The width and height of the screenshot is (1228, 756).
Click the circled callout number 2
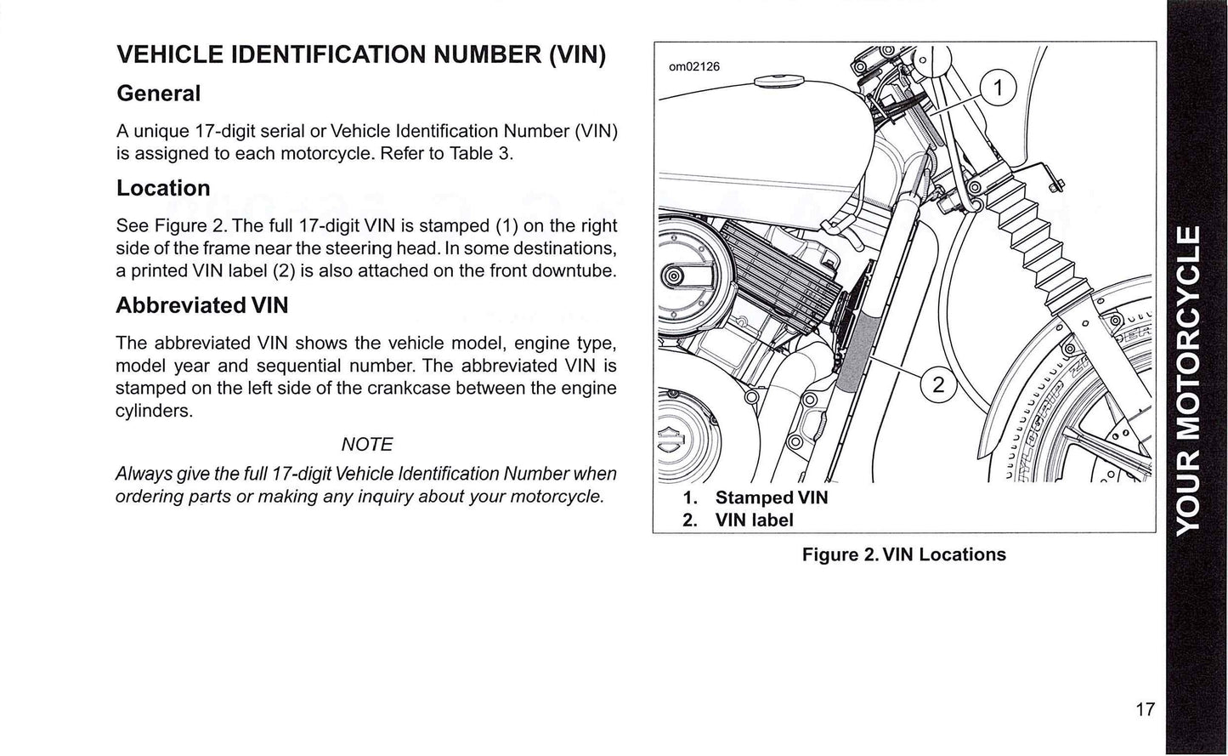pos(938,385)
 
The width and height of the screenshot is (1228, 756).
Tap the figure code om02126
pos(694,66)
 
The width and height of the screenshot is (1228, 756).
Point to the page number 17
pos(1145,708)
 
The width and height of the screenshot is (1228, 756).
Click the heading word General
pos(159,94)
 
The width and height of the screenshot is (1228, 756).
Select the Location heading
pos(163,188)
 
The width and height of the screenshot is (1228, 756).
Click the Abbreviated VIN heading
pos(202,305)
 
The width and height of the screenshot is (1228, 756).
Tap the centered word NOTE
pos(366,444)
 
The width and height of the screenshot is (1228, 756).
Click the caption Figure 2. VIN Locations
pos(903,554)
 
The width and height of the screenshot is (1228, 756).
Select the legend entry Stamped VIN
pos(771,497)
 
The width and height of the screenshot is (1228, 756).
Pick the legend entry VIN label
pos(754,520)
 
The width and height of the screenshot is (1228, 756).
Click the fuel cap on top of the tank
pos(781,81)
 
